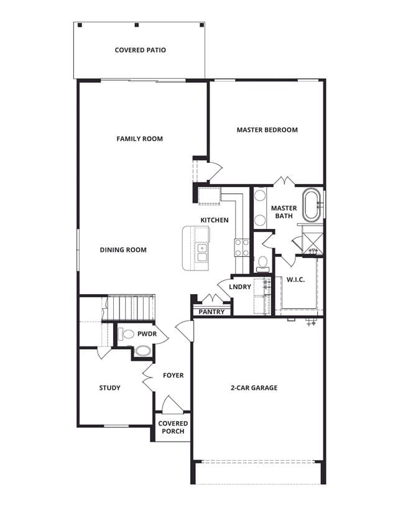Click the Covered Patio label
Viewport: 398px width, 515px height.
(140, 50)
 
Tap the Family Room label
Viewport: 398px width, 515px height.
(139, 139)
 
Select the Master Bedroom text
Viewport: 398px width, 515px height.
(267, 130)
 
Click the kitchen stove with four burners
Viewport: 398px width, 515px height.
(242, 248)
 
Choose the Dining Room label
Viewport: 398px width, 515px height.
(123, 250)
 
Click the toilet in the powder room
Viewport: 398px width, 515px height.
(126, 335)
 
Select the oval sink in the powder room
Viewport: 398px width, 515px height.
(143, 351)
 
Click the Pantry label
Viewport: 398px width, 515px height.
(212, 312)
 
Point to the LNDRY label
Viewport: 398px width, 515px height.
(240, 287)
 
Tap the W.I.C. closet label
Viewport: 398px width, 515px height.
(295, 280)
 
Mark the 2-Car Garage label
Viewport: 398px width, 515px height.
(254, 388)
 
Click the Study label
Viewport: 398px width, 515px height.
(109, 388)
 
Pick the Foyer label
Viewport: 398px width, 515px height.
(174, 376)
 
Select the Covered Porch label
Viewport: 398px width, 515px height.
(173, 427)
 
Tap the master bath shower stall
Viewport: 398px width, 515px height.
(312, 243)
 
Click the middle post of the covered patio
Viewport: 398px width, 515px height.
(137, 25)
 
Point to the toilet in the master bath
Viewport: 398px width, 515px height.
(262, 264)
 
